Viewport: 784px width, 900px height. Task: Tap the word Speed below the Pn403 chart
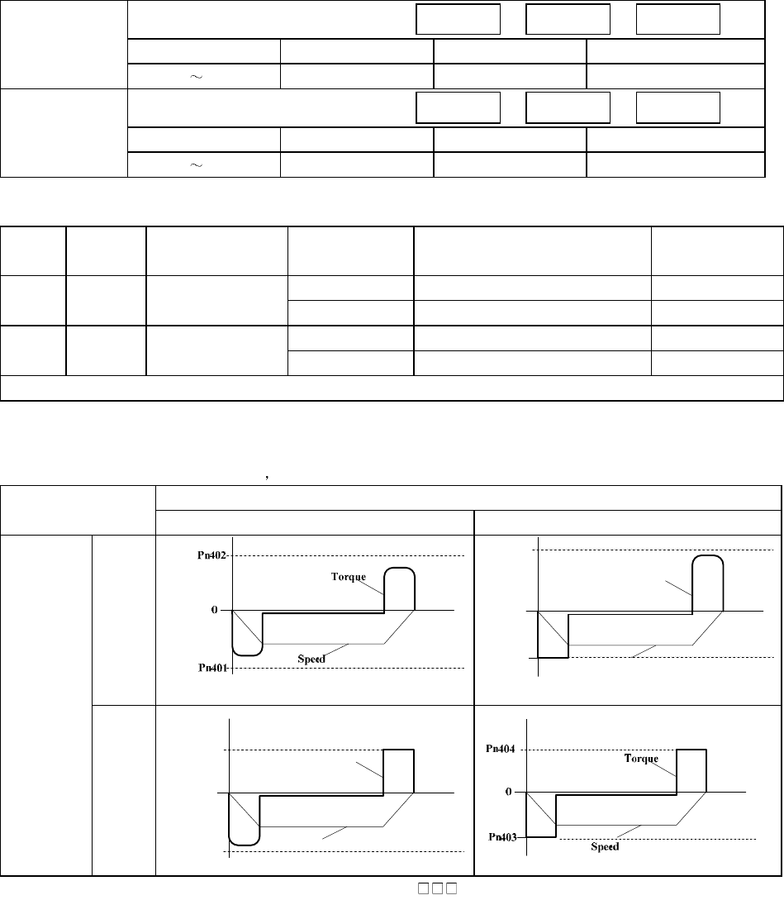click(x=607, y=848)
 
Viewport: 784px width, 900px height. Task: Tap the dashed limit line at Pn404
click(x=595, y=750)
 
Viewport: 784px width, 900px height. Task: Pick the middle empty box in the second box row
click(x=568, y=107)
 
